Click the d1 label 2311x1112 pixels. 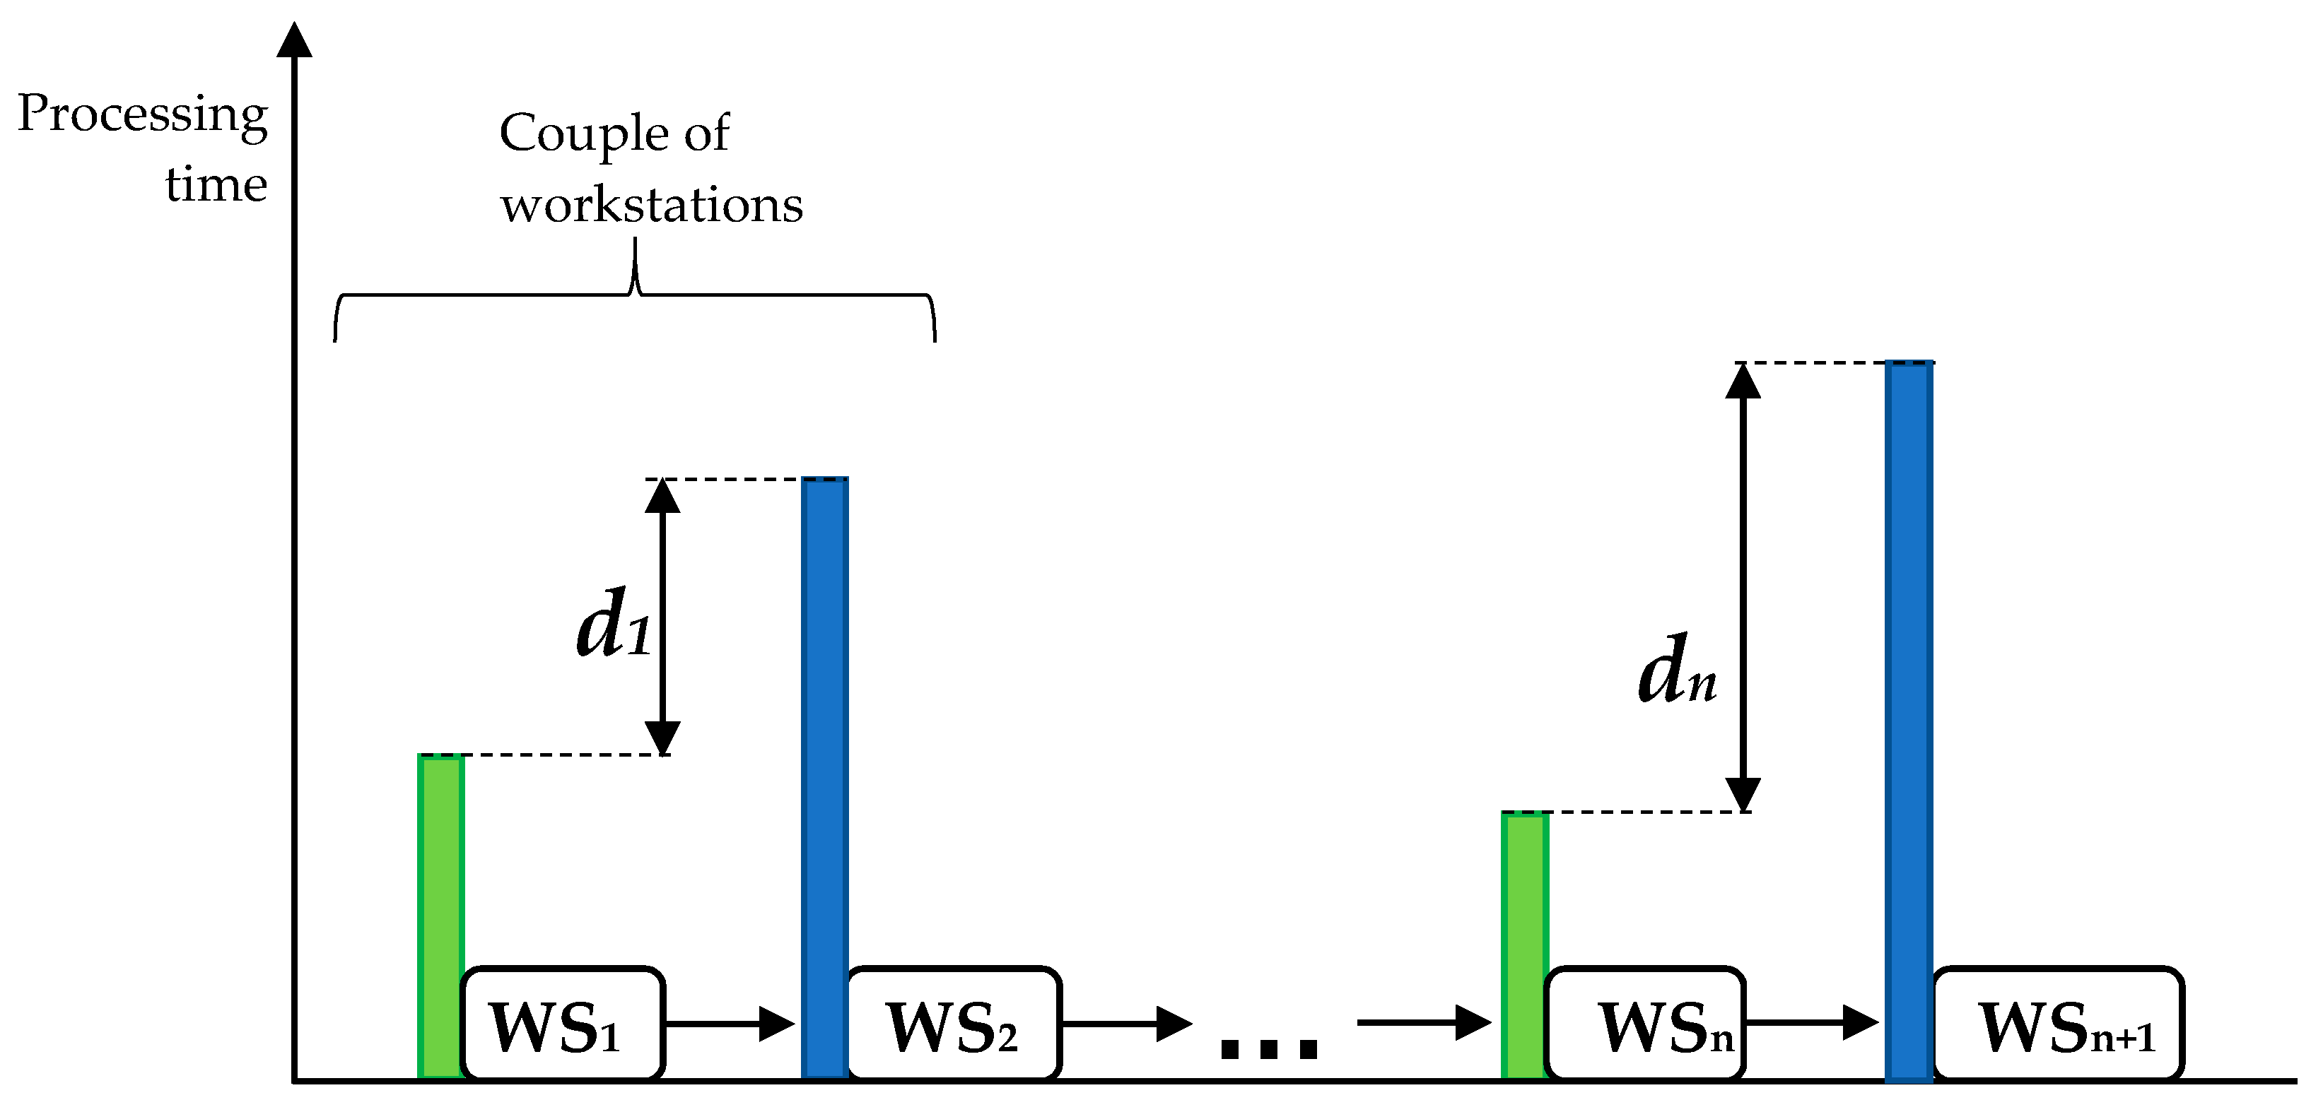614,623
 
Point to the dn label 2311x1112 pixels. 1677,670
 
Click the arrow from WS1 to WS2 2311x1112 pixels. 730,1023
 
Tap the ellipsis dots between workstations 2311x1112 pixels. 1268,1048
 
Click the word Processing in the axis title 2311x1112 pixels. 143,114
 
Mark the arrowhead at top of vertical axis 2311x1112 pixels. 294,40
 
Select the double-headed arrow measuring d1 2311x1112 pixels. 663,617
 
